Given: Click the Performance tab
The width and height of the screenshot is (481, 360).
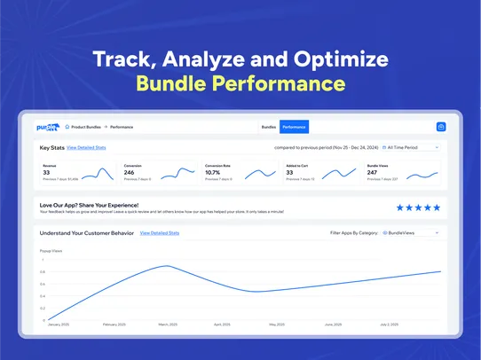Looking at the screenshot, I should pyautogui.click(x=294, y=128).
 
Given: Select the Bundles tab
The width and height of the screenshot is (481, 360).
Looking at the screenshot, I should pyautogui.click(x=269, y=128).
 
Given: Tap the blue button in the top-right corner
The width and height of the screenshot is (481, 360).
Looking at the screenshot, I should pyautogui.click(x=441, y=128).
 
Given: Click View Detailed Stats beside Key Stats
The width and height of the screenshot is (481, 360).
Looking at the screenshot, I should pyautogui.click(x=86, y=148).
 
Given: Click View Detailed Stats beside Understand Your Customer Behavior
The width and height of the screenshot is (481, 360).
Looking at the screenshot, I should pyautogui.click(x=160, y=233).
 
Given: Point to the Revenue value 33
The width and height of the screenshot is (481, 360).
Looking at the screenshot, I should pyautogui.click(x=46, y=172).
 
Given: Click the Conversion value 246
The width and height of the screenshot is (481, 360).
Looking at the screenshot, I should pyautogui.click(x=130, y=172).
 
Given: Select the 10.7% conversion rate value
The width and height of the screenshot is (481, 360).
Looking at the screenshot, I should pyautogui.click(x=213, y=172).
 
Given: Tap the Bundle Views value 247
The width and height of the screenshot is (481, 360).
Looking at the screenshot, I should pyautogui.click(x=374, y=172).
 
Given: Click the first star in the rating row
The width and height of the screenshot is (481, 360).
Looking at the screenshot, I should pyautogui.click(x=400, y=207).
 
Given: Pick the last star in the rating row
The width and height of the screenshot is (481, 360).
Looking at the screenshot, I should pyautogui.click(x=436, y=207).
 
